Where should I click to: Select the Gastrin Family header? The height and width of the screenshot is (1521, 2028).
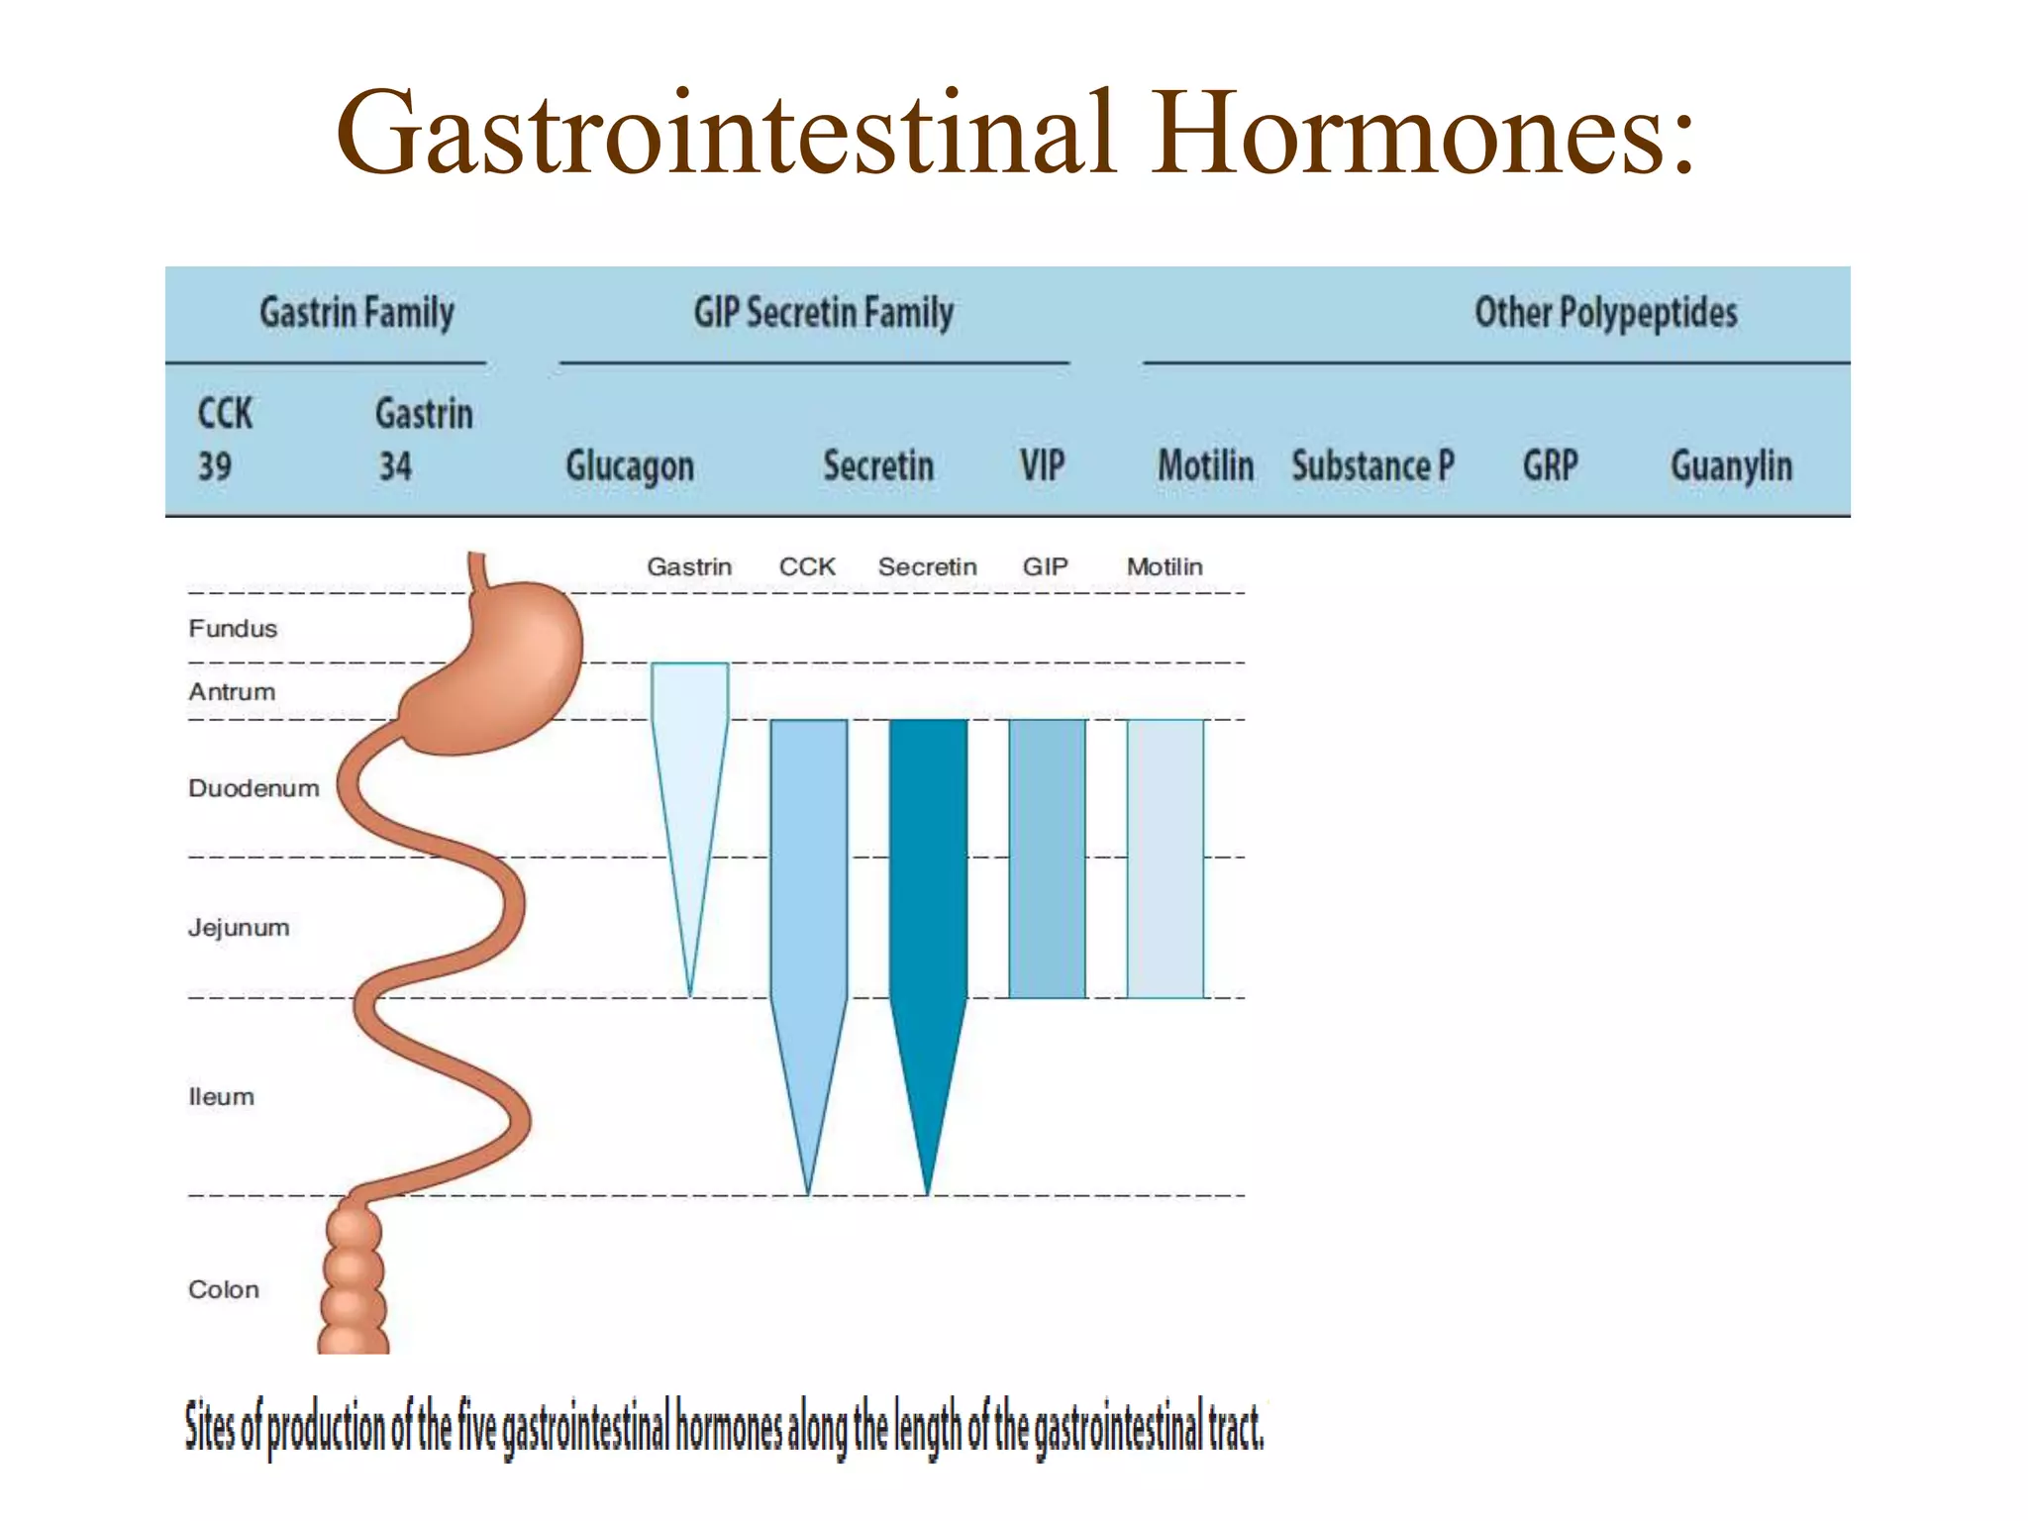[x=356, y=313]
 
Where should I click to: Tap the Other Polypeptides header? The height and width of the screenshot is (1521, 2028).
[x=1605, y=313]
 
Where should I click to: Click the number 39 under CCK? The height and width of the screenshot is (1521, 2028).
[x=215, y=465]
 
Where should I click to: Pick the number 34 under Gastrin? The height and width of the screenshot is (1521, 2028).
[x=395, y=465]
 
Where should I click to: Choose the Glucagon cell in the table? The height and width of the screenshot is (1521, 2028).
[x=630, y=466]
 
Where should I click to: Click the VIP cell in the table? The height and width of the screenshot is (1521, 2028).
[x=1043, y=465]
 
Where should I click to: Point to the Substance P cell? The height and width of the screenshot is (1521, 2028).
[x=1372, y=465]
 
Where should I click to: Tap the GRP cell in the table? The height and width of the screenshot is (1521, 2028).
[x=1550, y=465]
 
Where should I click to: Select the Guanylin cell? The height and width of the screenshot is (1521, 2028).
[x=1731, y=466]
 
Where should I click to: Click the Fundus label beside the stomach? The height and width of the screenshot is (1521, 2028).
[x=233, y=629]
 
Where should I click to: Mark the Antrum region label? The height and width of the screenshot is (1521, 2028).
[x=232, y=692]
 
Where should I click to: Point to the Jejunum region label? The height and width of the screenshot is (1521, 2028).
[x=239, y=928]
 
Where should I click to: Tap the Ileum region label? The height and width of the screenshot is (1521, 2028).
[x=221, y=1097]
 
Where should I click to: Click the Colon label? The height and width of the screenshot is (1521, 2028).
[x=224, y=1289]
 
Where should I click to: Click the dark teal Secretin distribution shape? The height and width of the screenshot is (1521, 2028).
[x=928, y=871]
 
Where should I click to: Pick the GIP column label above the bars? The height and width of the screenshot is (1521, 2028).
[x=1045, y=566]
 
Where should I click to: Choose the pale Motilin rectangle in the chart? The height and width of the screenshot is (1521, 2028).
[x=1166, y=858]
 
